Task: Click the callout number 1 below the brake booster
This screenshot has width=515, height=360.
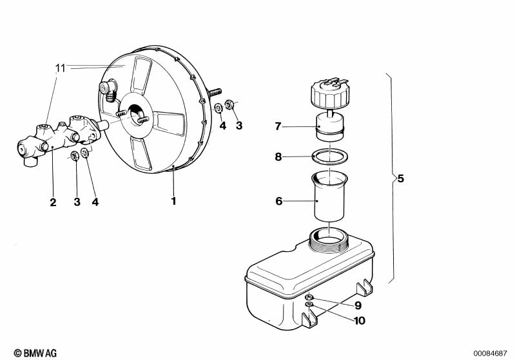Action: tap(174, 201)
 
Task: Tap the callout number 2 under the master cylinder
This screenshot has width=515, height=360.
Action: tap(53, 202)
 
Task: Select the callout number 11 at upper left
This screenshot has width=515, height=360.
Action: tap(61, 68)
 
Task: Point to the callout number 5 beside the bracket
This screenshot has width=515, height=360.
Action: tap(400, 178)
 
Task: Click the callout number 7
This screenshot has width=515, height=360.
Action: tap(278, 126)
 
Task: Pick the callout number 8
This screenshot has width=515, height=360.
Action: tap(278, 157)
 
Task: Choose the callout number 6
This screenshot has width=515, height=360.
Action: tap(279, 201)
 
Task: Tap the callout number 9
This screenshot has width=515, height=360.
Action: tap(358, 305)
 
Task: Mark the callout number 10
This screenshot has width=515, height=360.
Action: tap(360, 320)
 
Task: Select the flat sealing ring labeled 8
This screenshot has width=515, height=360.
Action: tap(329, 156)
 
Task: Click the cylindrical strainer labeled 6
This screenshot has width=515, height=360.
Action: tap(329, 196)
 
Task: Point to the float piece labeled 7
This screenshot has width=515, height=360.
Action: tap(329, 127)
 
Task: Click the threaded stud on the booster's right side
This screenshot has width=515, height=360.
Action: tap(214, 92)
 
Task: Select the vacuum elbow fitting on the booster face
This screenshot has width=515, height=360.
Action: tap(108, 88)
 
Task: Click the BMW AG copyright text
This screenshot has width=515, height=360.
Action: tap(35, 353)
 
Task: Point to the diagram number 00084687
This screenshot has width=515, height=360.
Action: tap(490, 354)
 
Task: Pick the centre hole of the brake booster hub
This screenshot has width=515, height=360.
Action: tap(135, 115)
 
